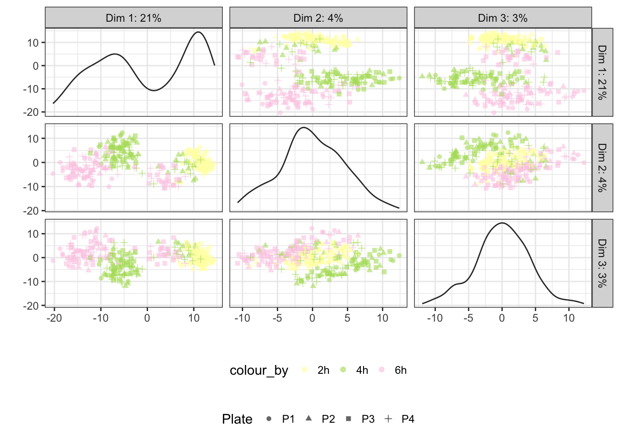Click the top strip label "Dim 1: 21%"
[x=133, y=18]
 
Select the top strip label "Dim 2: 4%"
[x=318, y=18]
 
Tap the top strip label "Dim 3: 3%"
[x=503, y=18]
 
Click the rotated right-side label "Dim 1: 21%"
[x=602, y=72]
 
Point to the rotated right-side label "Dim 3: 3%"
[x=602, y=263]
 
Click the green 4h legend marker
[x=343, y=370]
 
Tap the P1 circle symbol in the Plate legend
[x=268, y=419]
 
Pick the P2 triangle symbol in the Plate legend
[x=309, y=419]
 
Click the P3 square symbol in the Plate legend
[x=349, y=419]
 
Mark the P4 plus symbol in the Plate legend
[x=388, y=419]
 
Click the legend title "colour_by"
[x=259, y=371]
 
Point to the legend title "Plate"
[x=237, y=419]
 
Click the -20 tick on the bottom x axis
[x=54, y=318]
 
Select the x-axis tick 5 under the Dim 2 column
[x=347, y=318]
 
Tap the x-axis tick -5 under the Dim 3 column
[x=468, y=318]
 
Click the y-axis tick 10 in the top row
[x=33, y=43]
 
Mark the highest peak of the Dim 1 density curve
[x=198, y=32]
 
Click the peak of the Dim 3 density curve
[x=502, y=223]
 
